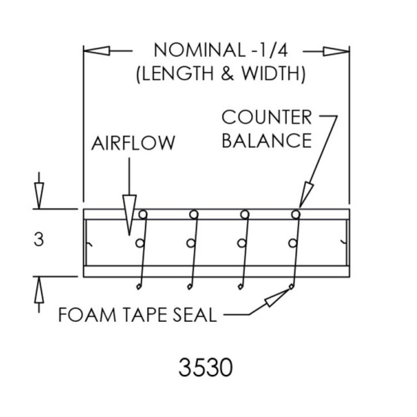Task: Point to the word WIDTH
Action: (271, 73)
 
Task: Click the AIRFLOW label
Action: (133, 143)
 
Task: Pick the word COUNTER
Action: (266, 117)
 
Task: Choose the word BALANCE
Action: (267, 141)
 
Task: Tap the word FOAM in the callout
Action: (87, 315)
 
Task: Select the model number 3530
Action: (206, 368)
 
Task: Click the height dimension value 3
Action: (39, 239)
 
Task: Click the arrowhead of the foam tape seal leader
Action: (277, 298)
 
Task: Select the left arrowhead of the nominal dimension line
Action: (97, 51)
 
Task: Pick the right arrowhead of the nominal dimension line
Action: (336, 51)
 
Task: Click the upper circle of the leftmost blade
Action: (143, 215)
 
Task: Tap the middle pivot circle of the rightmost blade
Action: (292, 243)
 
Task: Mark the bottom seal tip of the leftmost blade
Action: (138, 287)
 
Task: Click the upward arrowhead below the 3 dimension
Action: (39, 290)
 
